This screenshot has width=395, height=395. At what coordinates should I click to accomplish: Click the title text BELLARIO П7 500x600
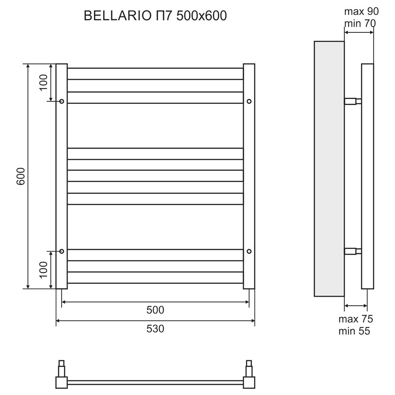tap(155, 16)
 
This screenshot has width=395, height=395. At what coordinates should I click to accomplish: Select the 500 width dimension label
tap(155, 310)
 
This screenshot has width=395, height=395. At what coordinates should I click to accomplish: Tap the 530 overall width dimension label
tap(155, 329)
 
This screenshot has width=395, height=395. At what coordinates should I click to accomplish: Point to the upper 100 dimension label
tap(43, 82)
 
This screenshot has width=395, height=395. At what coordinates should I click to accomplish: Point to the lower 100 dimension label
tap(43, 269)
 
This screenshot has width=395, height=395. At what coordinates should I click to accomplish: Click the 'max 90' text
tap(361, 11)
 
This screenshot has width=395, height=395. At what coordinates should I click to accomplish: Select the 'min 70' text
tap(360, 23)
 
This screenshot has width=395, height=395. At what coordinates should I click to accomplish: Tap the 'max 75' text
tap(356, 319)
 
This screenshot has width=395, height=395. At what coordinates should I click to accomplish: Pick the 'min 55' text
tap(354, 331)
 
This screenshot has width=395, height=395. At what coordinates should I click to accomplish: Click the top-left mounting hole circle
tap(62, 101)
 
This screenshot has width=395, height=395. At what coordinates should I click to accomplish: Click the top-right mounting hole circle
tap(249, 101)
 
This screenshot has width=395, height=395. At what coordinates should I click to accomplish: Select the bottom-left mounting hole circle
tap(62, 251)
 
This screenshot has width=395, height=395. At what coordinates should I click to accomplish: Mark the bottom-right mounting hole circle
tap(249, 251)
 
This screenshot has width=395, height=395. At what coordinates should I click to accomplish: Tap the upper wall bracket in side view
tap(353, 101)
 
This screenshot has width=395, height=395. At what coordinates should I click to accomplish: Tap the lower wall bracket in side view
tap(353, 251)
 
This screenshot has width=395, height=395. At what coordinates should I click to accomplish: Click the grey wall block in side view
tap(329, 168)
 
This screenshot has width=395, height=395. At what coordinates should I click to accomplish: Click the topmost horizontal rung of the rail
tap(155, 69)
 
